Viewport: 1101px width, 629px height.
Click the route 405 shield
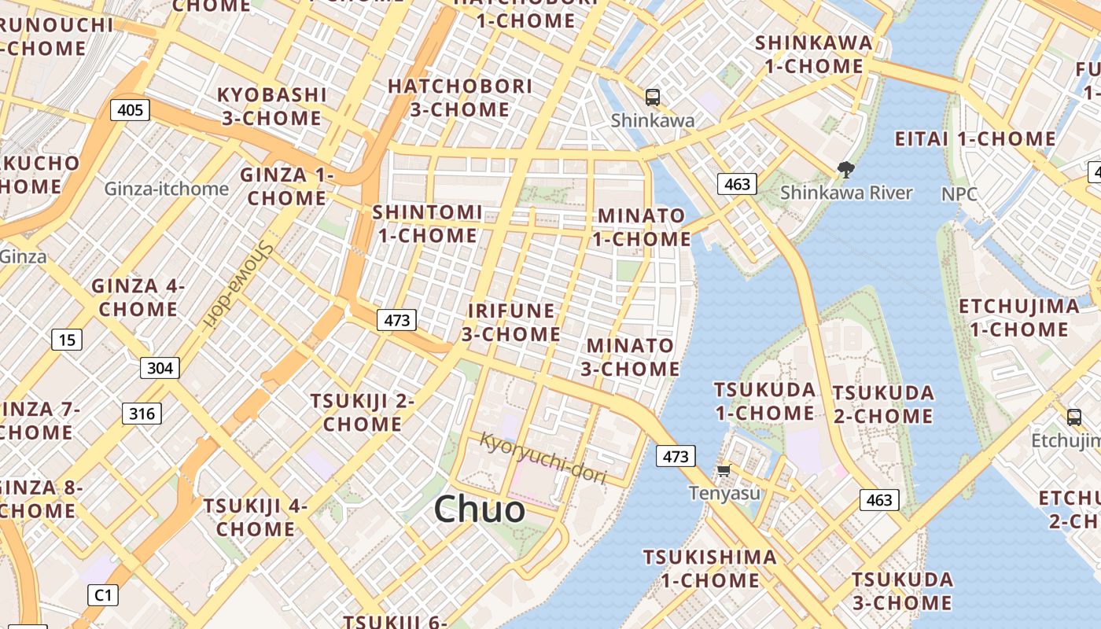130,109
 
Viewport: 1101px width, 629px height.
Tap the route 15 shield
67,340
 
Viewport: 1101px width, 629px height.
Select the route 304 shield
160,367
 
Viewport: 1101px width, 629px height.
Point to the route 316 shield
142,414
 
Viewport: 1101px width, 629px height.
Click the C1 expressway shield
103,595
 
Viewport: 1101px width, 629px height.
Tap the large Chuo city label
479,509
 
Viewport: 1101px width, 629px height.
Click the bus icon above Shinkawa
652,97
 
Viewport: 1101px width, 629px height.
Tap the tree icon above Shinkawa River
846,169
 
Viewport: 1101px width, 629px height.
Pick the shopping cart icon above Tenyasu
724,470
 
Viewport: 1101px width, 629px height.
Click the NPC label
959,193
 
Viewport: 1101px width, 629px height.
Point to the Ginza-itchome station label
167,189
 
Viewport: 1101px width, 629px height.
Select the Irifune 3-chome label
511,322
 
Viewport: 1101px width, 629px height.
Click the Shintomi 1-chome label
427,223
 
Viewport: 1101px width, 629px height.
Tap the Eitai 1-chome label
975,139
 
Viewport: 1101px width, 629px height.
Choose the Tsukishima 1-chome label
710,568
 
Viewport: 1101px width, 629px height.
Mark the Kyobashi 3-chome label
271,106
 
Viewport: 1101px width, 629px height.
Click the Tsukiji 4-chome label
256,517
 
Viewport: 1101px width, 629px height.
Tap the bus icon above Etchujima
1074,417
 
